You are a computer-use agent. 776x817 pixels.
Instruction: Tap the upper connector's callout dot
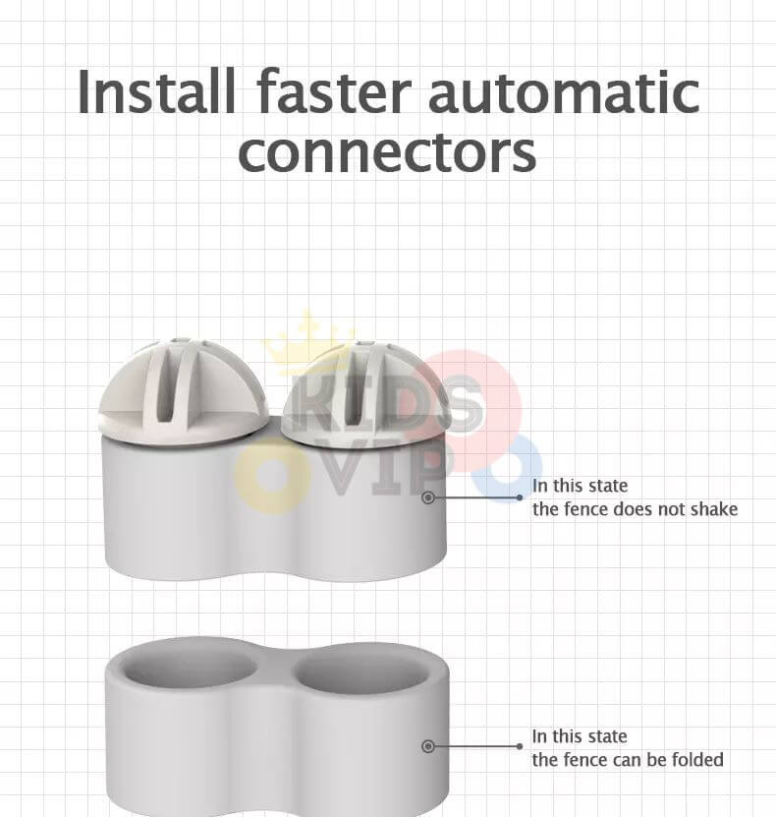(x=428, y=498)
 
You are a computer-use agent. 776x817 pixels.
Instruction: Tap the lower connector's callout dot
(x=428, y=747)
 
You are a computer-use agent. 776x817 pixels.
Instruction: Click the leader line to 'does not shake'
(x=477, y=498)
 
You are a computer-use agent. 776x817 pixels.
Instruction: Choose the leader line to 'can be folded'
(x=477, y=747)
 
